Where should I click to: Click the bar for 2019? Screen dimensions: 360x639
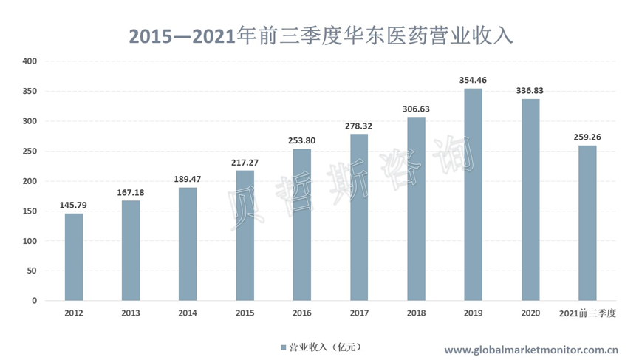click(x=473, y=194)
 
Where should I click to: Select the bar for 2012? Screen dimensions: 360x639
click(x=73, y=257)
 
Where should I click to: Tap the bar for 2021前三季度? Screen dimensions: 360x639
click(x=587, y=223)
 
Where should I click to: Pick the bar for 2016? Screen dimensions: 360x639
click(x=302, y=225)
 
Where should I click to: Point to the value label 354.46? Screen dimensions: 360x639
click(x=473, y=80)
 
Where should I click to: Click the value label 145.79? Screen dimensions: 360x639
click(x=73, y=204)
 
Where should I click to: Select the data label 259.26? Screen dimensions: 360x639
click(x=587, y=136)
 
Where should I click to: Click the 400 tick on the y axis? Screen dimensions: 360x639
click(x=30, y=61)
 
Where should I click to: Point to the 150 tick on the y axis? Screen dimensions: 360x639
click(x=30, y=211)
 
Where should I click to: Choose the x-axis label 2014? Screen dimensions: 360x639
click(x=188, y=313)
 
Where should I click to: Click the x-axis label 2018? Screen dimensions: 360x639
click(x=416, y=313)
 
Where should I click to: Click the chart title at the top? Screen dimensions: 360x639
click(x=320, y=35)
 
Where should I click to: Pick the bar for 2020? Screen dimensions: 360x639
click(x=530, y=200)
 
